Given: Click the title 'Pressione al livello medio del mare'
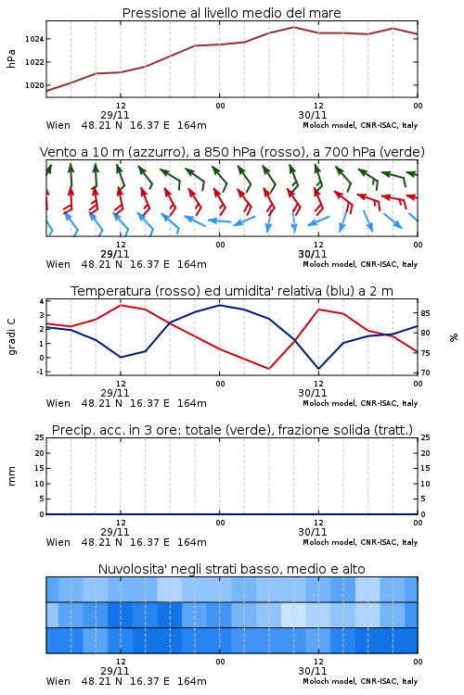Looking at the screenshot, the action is click(x=231, y=13).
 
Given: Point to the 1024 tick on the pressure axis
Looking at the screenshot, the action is click(x=34, y=39).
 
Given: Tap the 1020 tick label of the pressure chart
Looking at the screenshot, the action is click(x=34, y=85).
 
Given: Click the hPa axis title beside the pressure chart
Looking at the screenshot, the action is click(x=11, y=58).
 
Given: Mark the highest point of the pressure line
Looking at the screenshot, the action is click(x=293, y=27).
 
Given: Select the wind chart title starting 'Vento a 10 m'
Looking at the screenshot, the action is click(x=232, y=152).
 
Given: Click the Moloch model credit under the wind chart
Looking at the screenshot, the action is click(x=360, y=264).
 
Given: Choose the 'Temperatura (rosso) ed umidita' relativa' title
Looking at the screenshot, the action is click(x=232, y=291).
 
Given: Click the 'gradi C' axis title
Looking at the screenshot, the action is click(x=12, y=337).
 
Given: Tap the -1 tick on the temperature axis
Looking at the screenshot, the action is click(x=40, y=372).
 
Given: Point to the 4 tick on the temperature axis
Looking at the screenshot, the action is click(x=42, y=301).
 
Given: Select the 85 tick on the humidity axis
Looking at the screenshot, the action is click(x=425, y=313).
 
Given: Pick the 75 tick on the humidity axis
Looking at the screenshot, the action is click(x=425, y=353).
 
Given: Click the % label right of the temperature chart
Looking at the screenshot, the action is click(x=454, y=337).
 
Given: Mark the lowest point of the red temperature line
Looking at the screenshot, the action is click(x=268, y=369).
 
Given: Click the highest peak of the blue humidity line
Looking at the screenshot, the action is click(x=219, y=305).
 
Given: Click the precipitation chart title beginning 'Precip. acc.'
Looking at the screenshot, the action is click(x=232, y=430).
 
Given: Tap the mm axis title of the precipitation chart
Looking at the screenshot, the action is click(x=12, y=476).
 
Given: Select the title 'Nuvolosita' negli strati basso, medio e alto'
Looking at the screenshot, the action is click(x=232, y=569).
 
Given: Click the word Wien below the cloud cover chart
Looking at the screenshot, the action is click(x=58, y=681).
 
